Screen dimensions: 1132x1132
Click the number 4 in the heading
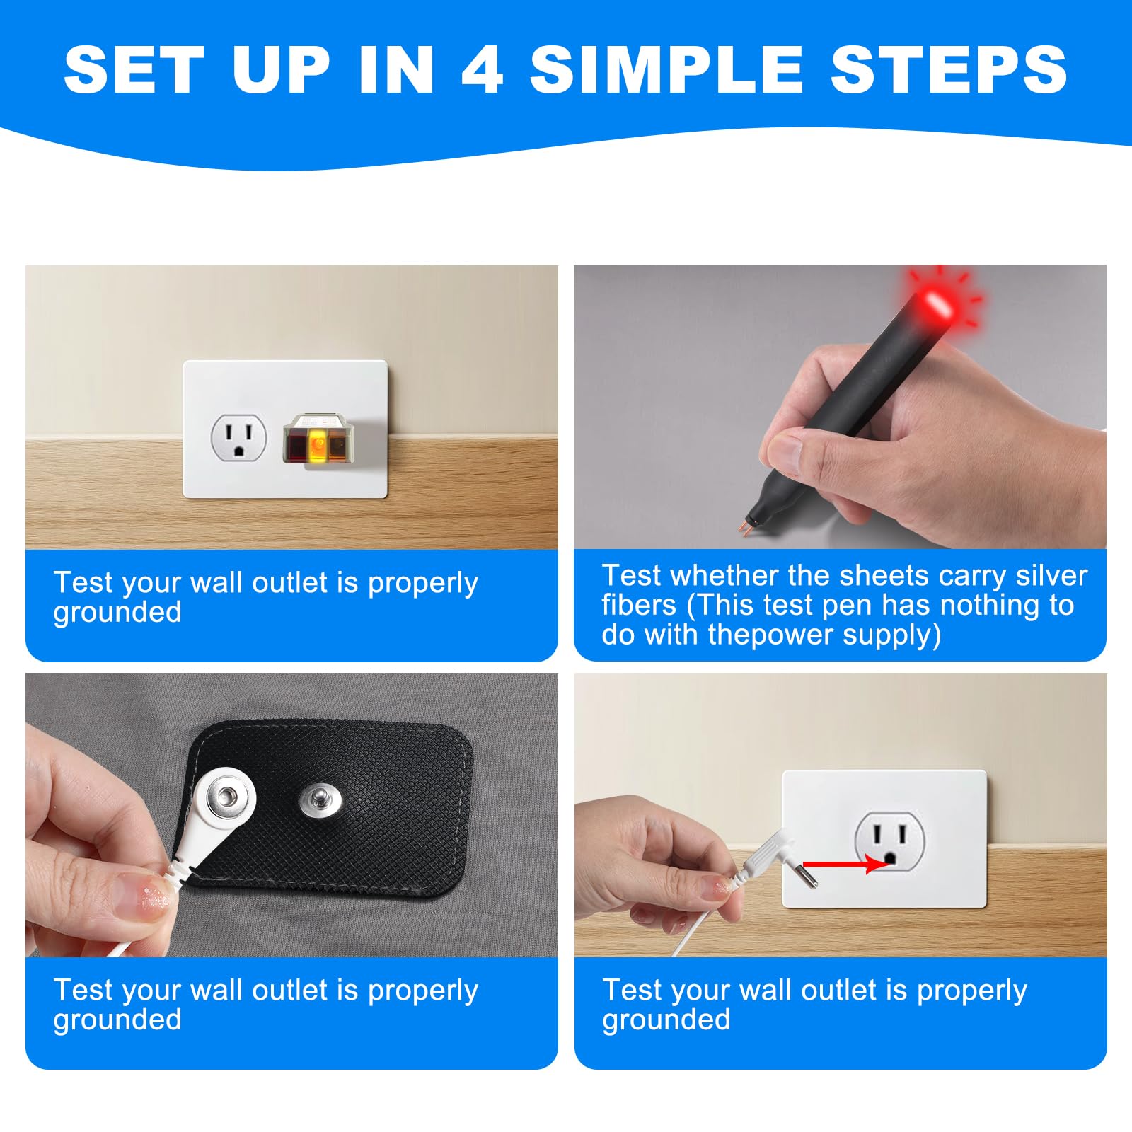[x=482, y=69]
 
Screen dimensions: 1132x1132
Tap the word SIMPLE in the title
[x=666, y=69]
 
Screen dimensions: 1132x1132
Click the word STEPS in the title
[x=949, y=69]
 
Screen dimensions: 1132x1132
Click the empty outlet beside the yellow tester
[x=239, y=437]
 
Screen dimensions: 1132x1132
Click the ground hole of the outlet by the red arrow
[x=891, y=858]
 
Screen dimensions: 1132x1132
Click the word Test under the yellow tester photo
[x=82, y=583]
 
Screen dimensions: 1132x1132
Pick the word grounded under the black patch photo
[x=117, y=1020]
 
